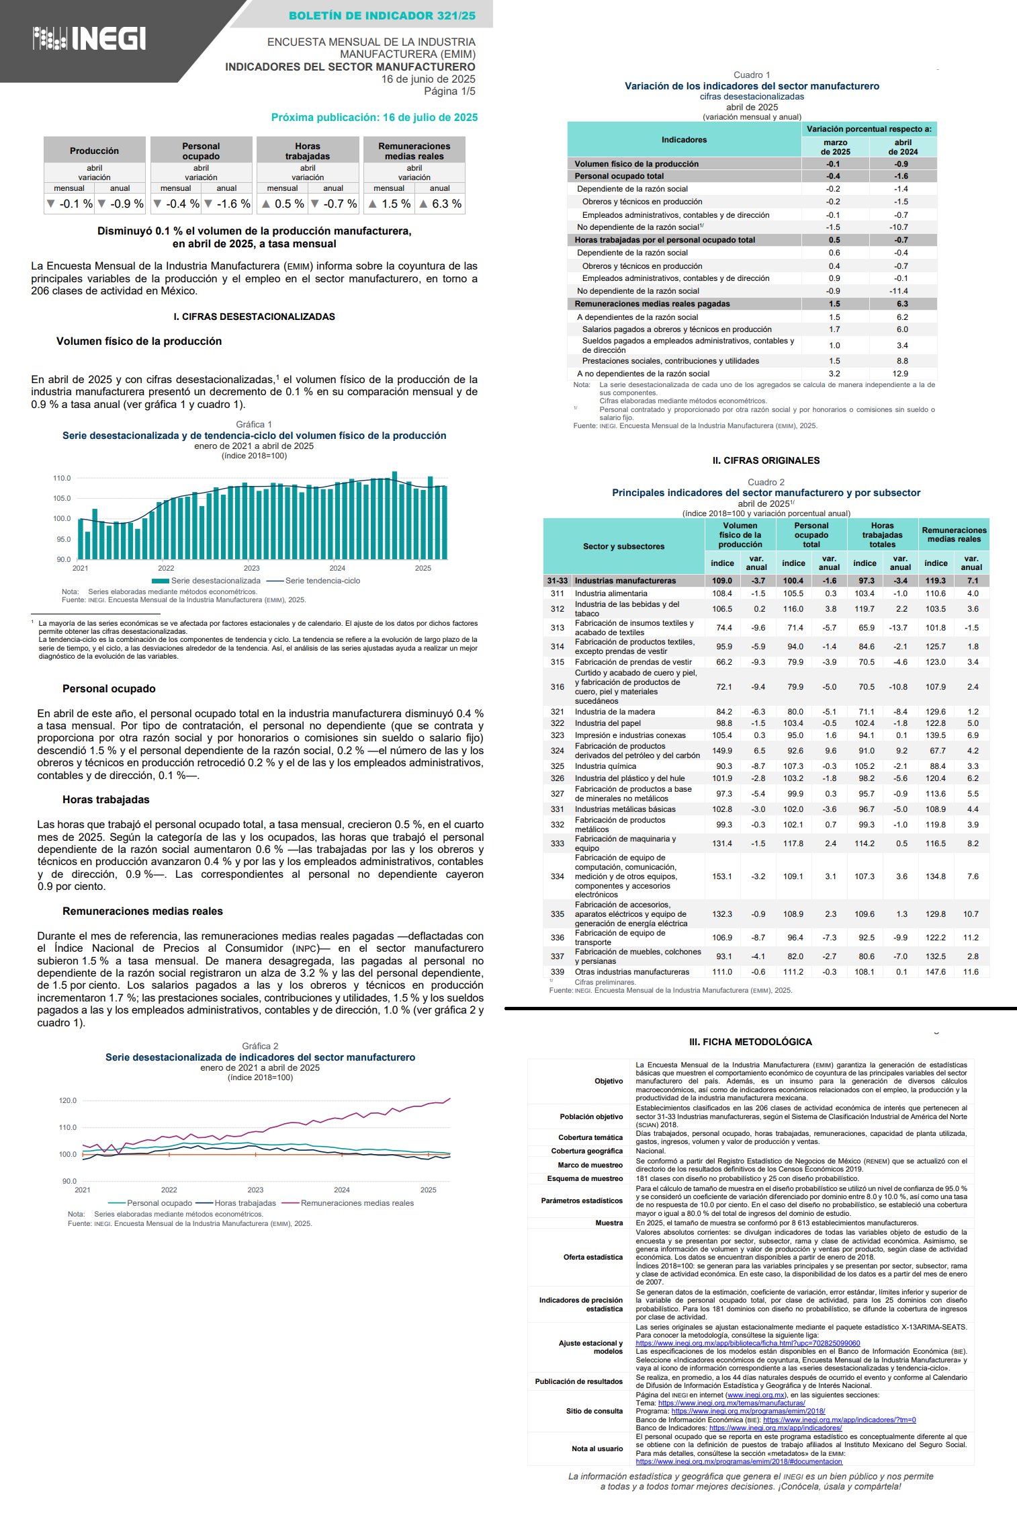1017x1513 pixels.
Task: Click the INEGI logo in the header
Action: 89,39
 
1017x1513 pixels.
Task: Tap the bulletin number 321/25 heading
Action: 382,15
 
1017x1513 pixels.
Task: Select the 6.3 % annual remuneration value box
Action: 441,204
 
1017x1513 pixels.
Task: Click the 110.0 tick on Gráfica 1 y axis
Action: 62,479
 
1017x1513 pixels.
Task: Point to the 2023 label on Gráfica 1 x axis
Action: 251,568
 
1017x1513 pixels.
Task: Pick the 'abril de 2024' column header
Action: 903,147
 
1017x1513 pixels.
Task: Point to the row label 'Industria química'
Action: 605,766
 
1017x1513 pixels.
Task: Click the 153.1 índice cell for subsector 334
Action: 722,876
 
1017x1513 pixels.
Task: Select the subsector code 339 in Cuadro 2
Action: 557,972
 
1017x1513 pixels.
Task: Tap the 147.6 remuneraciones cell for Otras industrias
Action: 935,972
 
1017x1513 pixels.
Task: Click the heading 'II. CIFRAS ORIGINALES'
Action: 766,460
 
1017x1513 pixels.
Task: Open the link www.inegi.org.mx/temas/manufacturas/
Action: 731,1403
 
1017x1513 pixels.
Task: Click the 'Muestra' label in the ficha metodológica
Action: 609,1223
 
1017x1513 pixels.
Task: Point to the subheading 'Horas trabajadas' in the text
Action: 106,800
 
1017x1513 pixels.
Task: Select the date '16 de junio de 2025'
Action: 428,79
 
